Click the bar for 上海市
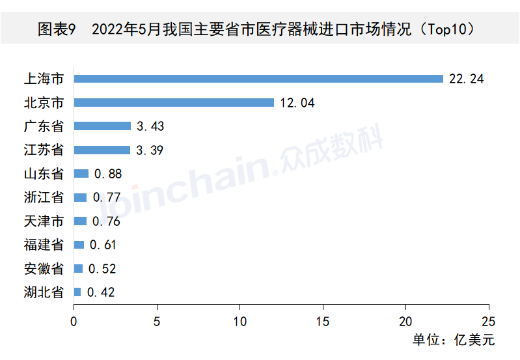(258, 79)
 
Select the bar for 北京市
(174, 102)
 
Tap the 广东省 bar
(102, 126)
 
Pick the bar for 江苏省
(102, 150)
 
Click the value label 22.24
(467, 79)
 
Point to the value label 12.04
(297, 103)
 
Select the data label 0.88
(108, 174)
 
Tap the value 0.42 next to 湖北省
(101, 292)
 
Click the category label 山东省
(44, 174)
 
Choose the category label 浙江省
(44, 197)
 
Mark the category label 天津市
(44, 221)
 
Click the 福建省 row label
(44, 245)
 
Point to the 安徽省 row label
(44, 269)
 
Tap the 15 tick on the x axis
(323, 321)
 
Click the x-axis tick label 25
(488, 321)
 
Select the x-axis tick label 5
(157, 321)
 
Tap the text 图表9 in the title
(57, 29)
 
